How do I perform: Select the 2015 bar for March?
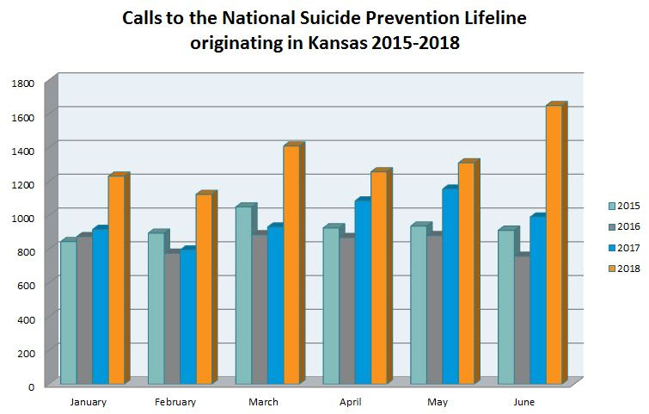tap(243, 294)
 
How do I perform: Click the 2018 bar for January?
tap(115, 280)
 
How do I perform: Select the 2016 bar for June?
tap(521, 319)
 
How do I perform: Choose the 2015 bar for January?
tap(68, 312)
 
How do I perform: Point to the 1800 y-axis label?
tap(23, 83)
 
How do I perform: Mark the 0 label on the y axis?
tap(30, 386)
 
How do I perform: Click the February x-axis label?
tap(175, 402)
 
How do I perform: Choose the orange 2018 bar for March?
tap(291, 264)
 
